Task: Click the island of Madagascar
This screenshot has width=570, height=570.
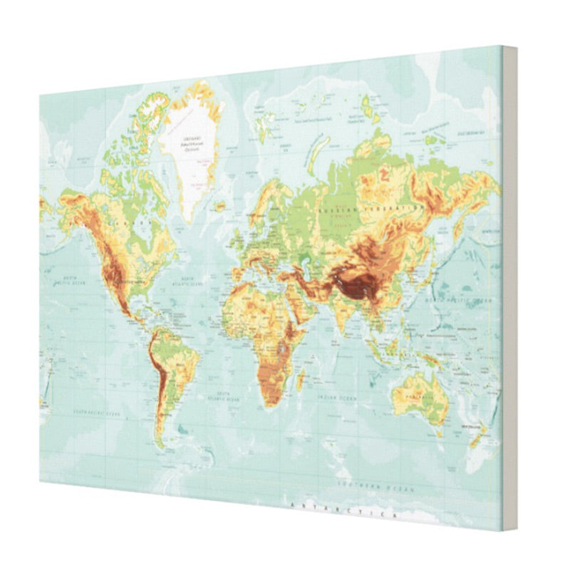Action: click(301, 378)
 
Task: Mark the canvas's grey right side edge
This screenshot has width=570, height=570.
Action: click(509, 285)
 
